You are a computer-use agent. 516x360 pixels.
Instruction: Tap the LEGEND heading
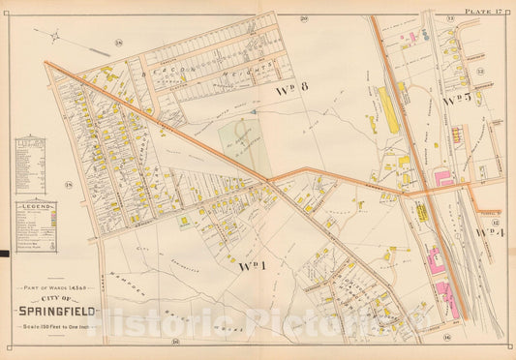(36, 205)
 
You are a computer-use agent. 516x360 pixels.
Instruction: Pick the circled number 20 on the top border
(303, 18)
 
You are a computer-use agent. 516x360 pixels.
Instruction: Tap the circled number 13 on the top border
(450, 18)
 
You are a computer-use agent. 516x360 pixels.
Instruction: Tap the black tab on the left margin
(4, 254)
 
